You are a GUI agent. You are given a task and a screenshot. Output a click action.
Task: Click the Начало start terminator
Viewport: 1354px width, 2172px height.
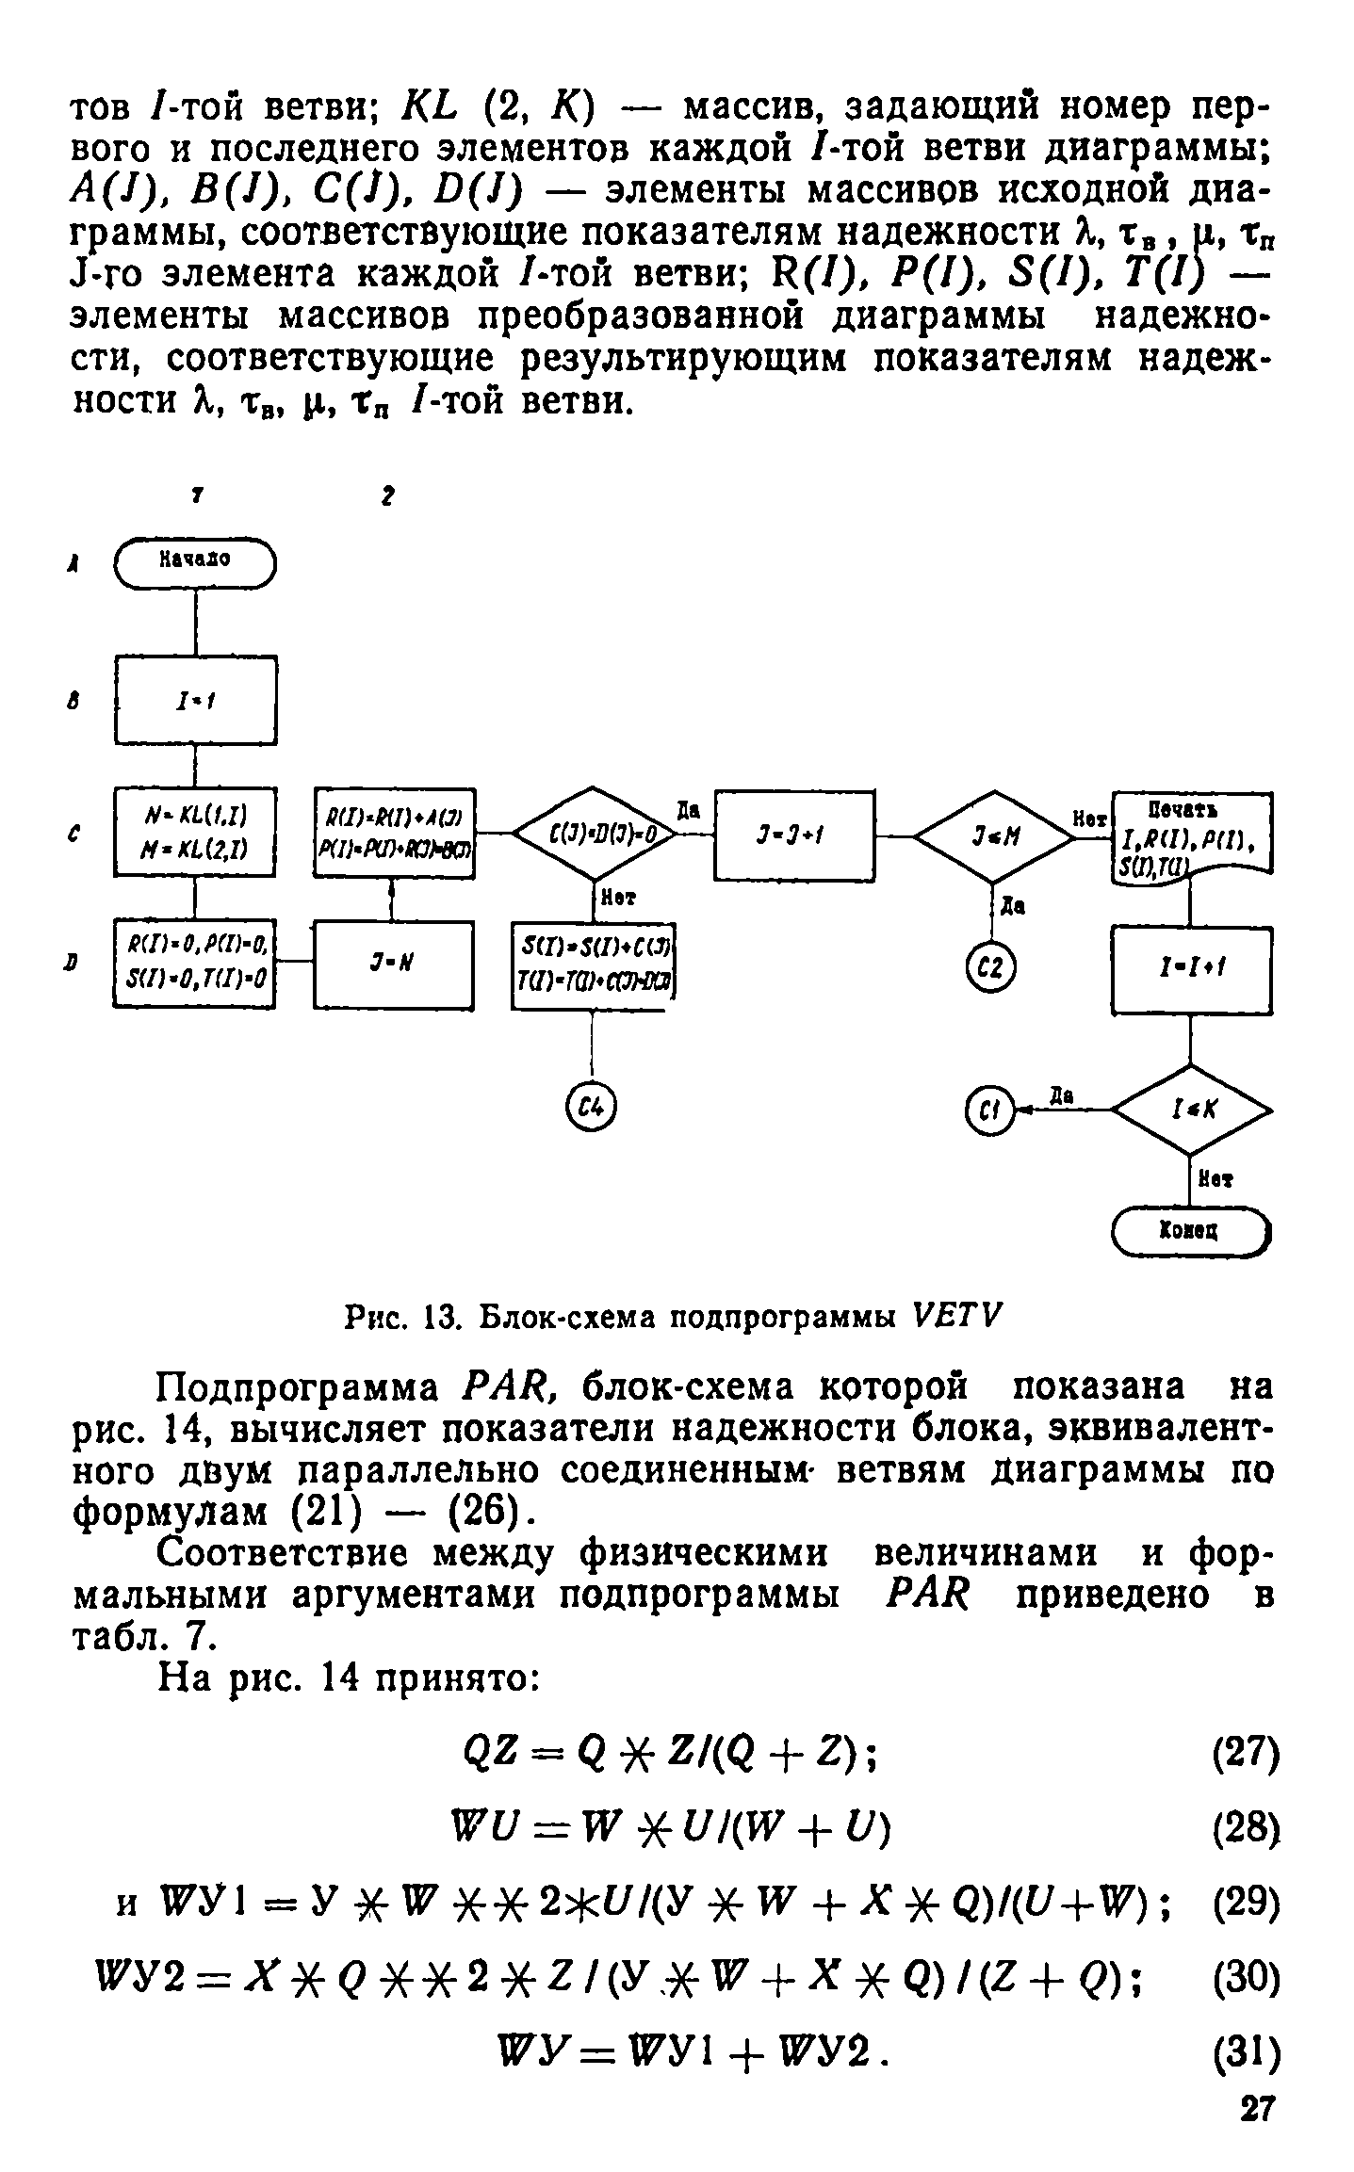[195, 562]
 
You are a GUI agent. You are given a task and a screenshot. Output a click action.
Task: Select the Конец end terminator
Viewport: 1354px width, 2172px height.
[1191, 1231]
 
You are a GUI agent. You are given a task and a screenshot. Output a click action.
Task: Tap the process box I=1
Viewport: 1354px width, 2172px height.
[195, 701]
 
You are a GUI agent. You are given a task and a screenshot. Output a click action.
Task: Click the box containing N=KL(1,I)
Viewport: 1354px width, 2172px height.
[195, 832]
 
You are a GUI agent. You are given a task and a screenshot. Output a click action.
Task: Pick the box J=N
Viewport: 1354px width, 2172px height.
[393, 965]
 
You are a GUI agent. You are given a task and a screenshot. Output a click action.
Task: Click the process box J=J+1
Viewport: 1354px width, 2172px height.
[794, 835]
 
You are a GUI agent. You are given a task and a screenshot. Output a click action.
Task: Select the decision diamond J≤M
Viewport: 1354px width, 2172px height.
[993, 835]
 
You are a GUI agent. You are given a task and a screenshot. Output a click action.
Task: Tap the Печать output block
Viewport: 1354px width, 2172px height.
[1192, 835]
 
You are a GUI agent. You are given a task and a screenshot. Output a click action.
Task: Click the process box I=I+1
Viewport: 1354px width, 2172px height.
[1192, 969]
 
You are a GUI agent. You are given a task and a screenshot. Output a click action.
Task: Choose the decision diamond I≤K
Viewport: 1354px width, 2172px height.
[1192, 1110]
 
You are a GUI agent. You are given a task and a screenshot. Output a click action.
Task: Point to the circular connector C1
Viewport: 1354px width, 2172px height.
[987, 1111]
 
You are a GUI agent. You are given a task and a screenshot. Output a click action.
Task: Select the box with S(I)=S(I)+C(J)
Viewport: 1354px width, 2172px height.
[595, 964]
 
